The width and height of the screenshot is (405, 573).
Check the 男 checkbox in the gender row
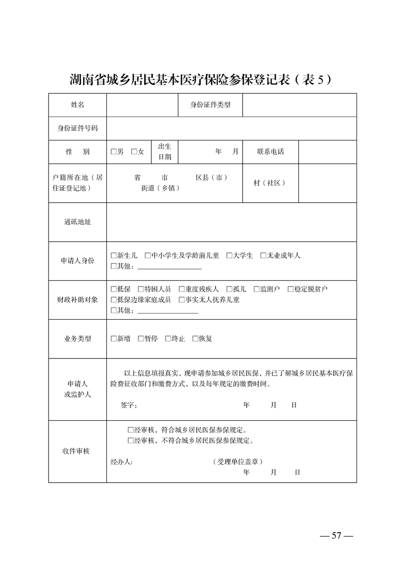(x=113, y=152)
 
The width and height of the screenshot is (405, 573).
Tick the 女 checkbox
(x=134, y=152)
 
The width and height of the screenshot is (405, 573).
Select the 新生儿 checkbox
(x=113, y=255)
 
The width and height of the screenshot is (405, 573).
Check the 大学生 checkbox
(x=229, y=255)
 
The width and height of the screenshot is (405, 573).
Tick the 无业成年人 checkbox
(x=264, y=255)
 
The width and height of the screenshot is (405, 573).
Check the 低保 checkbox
(x=113, y=289)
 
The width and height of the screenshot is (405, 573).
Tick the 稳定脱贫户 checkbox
(x=291, y=289)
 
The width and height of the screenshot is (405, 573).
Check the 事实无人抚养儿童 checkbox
(x=182, y=300)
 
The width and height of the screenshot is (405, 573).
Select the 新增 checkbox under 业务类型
(x=113, y=339)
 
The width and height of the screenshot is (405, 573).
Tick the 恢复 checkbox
(x=195, y=339)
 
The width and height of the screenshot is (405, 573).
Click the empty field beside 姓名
(x=141, y=105)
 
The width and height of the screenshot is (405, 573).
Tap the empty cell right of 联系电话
(x=327, y=152)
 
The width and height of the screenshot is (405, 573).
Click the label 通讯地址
(x=78, y=222)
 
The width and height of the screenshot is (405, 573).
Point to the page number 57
(x=336, y=536)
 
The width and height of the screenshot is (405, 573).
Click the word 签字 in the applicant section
(x=128, y=405)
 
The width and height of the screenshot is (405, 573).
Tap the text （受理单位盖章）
(x=238, y=462)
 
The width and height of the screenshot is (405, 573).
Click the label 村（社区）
(x=270, y=183)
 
